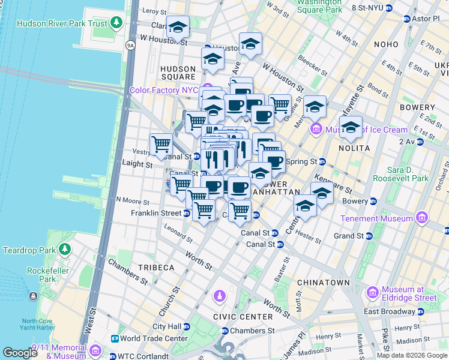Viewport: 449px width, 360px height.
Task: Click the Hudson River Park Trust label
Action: [62, 24]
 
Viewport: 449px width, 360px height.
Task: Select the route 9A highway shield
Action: [130, 45]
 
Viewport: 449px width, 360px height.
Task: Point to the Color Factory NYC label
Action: [164, 91]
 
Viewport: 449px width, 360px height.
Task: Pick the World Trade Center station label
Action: [153, 338]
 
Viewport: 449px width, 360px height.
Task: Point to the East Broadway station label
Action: [390, 311]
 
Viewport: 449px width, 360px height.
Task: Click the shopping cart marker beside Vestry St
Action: [161, 145]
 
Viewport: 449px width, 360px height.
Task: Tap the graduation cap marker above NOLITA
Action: [351, 127]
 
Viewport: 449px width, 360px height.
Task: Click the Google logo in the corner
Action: [20, 353]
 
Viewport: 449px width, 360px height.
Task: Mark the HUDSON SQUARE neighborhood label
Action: [178, 73]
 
